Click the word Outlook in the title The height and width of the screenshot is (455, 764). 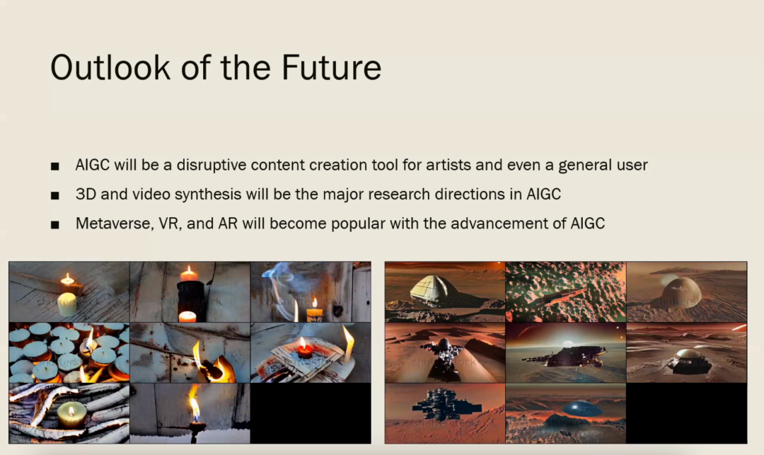pyautogui.click(x=110, y=67)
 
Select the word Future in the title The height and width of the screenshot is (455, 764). pyautogui.click(x=331, y=67)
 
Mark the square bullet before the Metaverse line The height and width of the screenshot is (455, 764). pyautogui.click(x=55, y=225)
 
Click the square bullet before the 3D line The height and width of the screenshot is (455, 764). pyautogui.click(x=55, y=196)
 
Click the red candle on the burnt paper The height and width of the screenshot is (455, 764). pyautogui.click(x=305, y=350)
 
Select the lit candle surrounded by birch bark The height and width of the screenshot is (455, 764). pyautogui.click(x=71, y=415)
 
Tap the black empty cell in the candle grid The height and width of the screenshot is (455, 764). pyautogui.click(x=311, y=413)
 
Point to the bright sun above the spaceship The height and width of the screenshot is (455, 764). pyautogui.click(x=567, y=343)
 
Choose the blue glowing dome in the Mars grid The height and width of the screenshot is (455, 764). pyautogui.click(x=581, y=408)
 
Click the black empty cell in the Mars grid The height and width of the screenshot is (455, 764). pyautogui.click(x=686, y=413)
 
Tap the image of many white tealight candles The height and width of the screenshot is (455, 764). pyautogui.click(x=69, y=352)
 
